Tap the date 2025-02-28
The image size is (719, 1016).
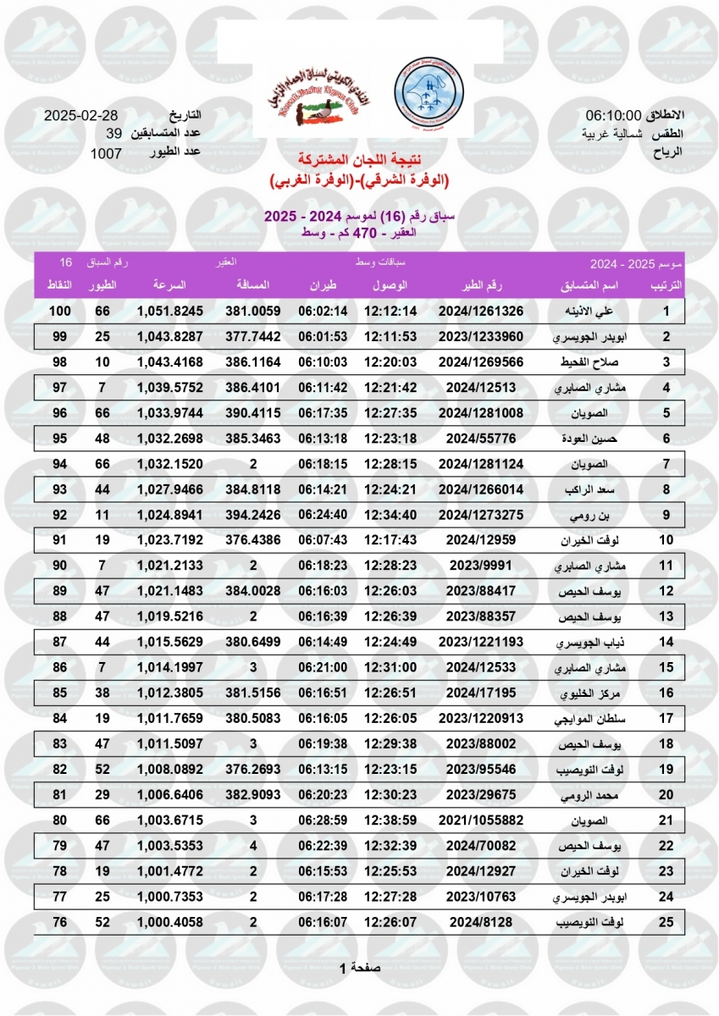click(x=81, y=115)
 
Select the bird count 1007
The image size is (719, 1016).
click(x=107, y=153)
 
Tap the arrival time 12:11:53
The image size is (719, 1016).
click(x=390, y=337)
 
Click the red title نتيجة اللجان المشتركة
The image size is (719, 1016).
click(x=359, y=160)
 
